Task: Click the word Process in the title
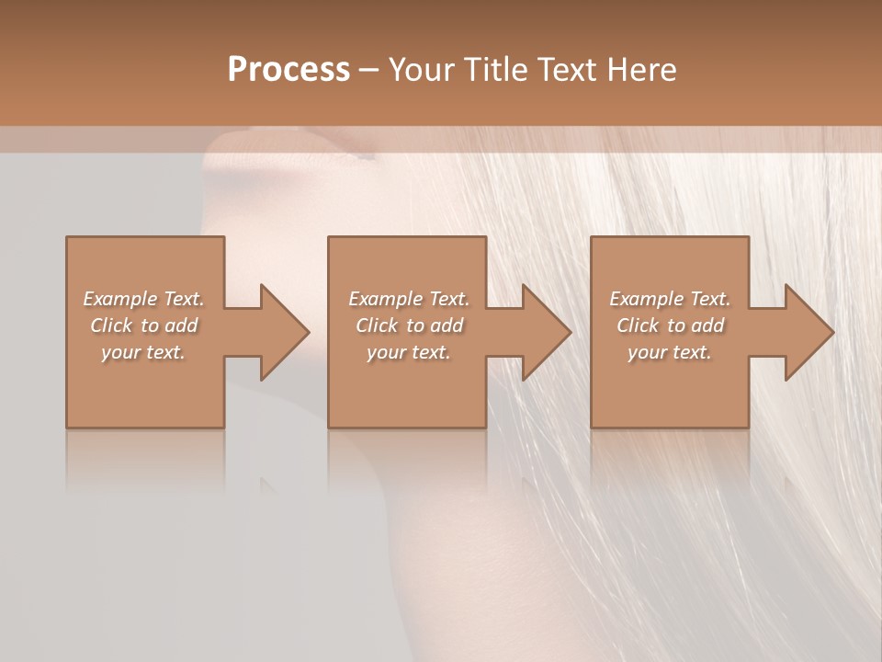[288, 70]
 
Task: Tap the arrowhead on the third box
[808, 332]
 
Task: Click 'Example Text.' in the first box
[143, 299]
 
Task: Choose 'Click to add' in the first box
[144, 325]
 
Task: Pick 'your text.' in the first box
[143, 352]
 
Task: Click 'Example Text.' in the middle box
[409, 299]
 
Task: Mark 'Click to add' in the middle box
[409, 325]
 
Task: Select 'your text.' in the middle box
[409, 352]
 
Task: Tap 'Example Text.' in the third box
[670, 299]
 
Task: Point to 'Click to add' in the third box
[670, 325]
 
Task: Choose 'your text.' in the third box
[670, 352]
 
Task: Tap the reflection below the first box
[145, 460]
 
